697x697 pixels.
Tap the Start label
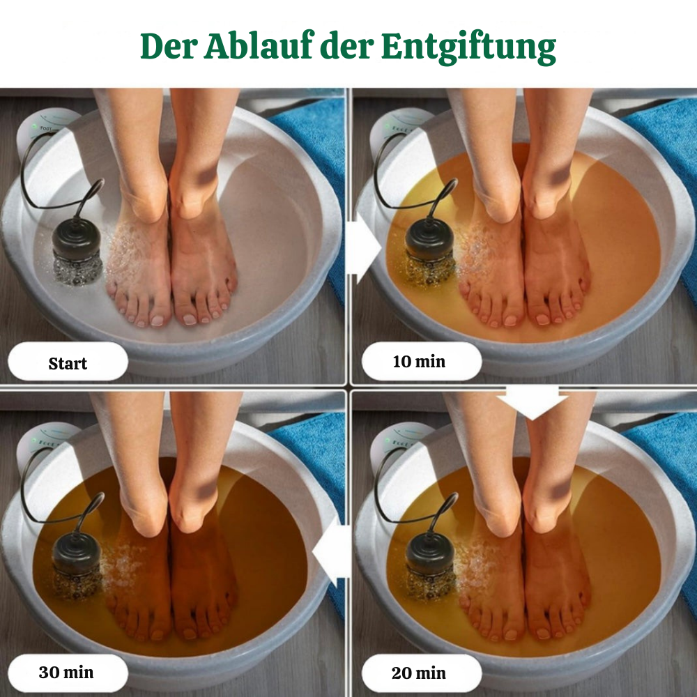[x=68, y=363]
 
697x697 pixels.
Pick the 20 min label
[x=421, y=673]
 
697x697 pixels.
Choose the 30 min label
[x=67, y=673]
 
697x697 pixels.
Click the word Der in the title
[x=167, y=46]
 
